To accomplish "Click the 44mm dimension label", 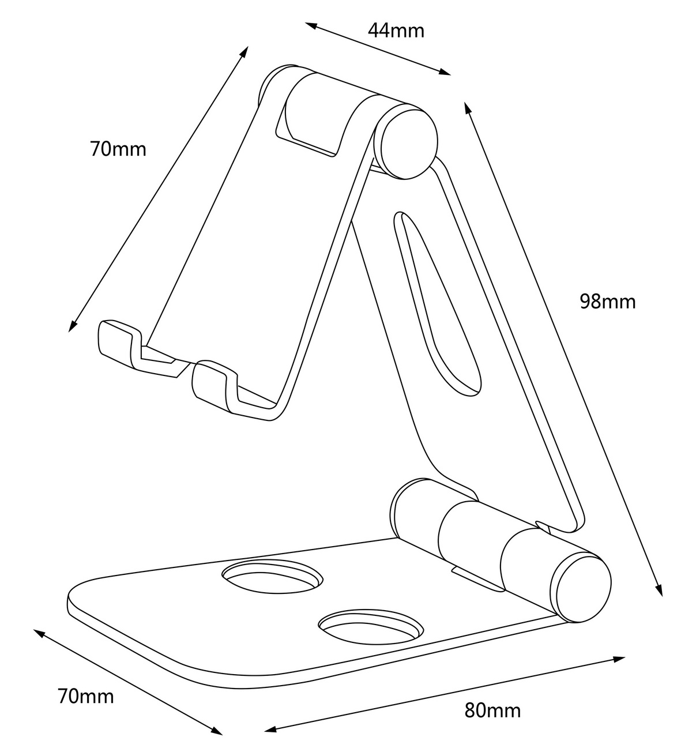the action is click(x=396, y=31).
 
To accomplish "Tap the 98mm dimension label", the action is click(x=608, y=302).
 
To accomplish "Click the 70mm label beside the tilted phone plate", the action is click(x=118, y=149).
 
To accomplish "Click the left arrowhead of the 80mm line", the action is click(x=271, y=729).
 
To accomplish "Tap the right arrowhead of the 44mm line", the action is click(x=445, y=72).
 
